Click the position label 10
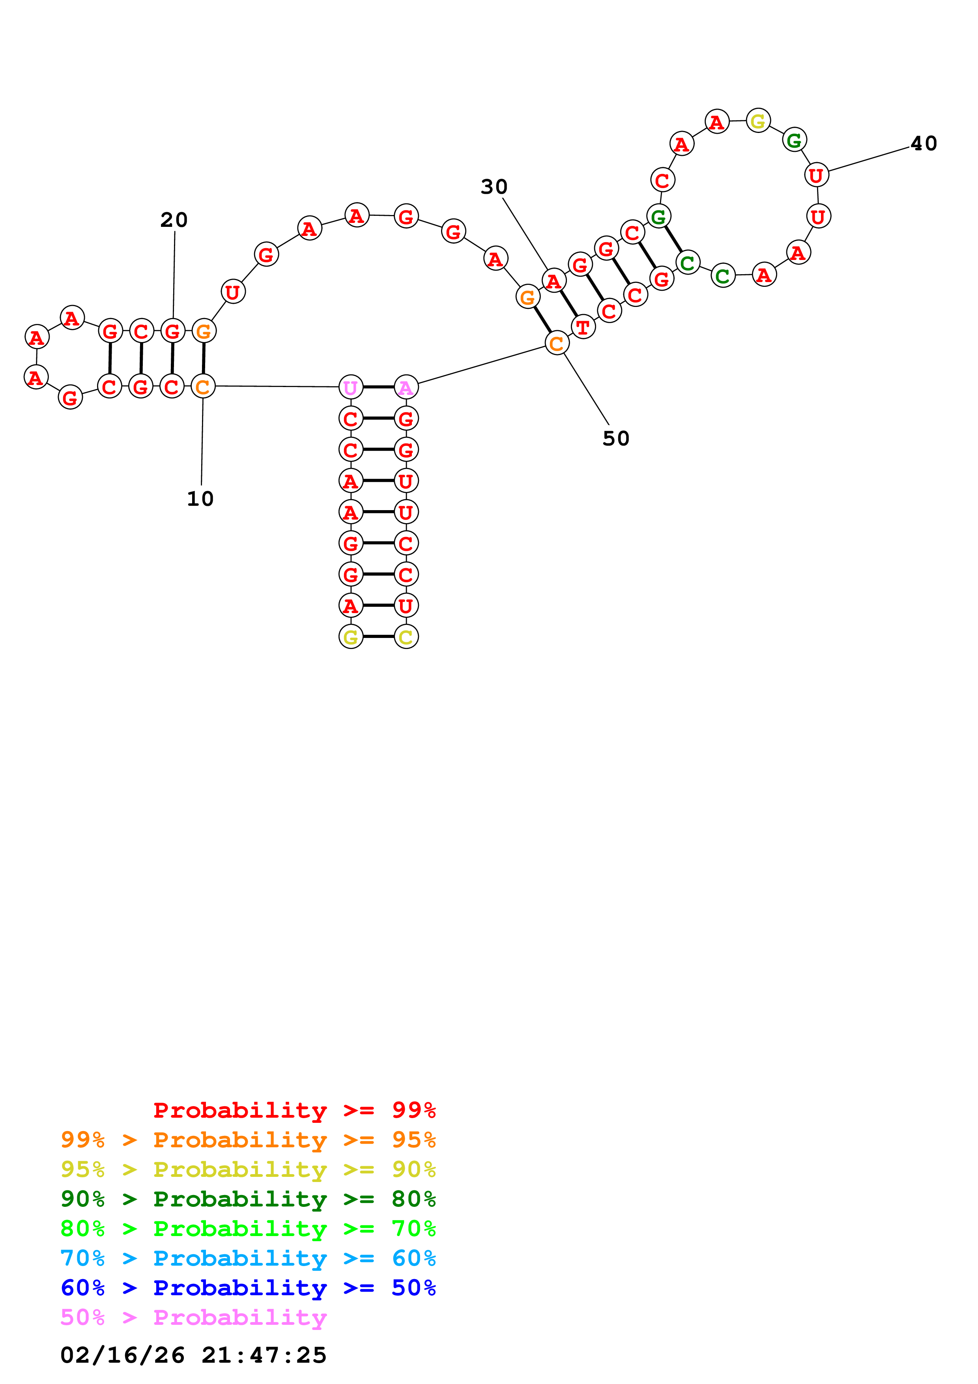click(x=200, y=499)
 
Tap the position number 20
click(x=174, y=220)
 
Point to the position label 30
click(x=494, y=187)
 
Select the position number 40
click(x=923, y=144)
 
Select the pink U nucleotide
click(x=351, y=387)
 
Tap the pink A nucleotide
click(x=406, y=387)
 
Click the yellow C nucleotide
click(x=406, y=636)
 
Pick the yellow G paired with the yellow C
click(x=351, y=636)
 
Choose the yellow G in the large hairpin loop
click(x=757, y=121)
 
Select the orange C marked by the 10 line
click(x=203, y=386)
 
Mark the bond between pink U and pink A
click(x=378, y=387)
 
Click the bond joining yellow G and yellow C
click(x=378, y=636)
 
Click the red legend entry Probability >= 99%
click(x=294, y=1110)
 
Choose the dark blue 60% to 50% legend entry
click(x=248, y=1288)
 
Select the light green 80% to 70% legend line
click(x=248, y=1229)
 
